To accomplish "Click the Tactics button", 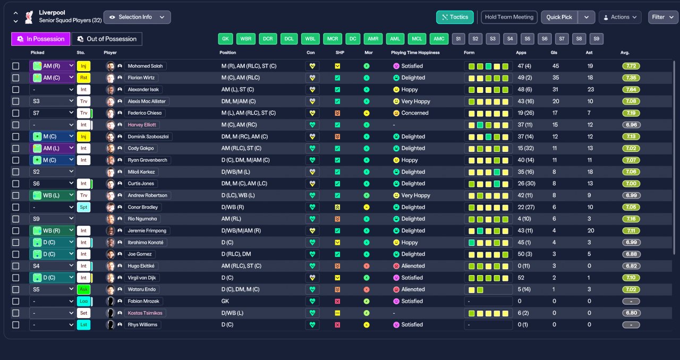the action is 454,17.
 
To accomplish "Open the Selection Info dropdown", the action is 137,17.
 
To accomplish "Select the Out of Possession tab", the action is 107,39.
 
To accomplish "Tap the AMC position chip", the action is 439,39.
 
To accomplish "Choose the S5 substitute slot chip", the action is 528,39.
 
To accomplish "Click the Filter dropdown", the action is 662,17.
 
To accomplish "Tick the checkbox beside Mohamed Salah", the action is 15,66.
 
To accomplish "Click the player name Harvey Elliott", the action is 142,125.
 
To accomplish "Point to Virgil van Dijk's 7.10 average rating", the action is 631,278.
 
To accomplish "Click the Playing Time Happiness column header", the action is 415,53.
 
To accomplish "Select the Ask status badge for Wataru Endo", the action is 83,289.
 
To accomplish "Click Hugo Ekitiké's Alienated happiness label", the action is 413,266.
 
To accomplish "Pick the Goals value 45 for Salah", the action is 556,66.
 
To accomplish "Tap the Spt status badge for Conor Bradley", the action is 83,207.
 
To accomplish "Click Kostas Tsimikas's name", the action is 145,313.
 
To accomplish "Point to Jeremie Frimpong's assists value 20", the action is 590,230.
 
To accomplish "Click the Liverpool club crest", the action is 29,17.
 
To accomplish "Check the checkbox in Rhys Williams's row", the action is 15,325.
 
